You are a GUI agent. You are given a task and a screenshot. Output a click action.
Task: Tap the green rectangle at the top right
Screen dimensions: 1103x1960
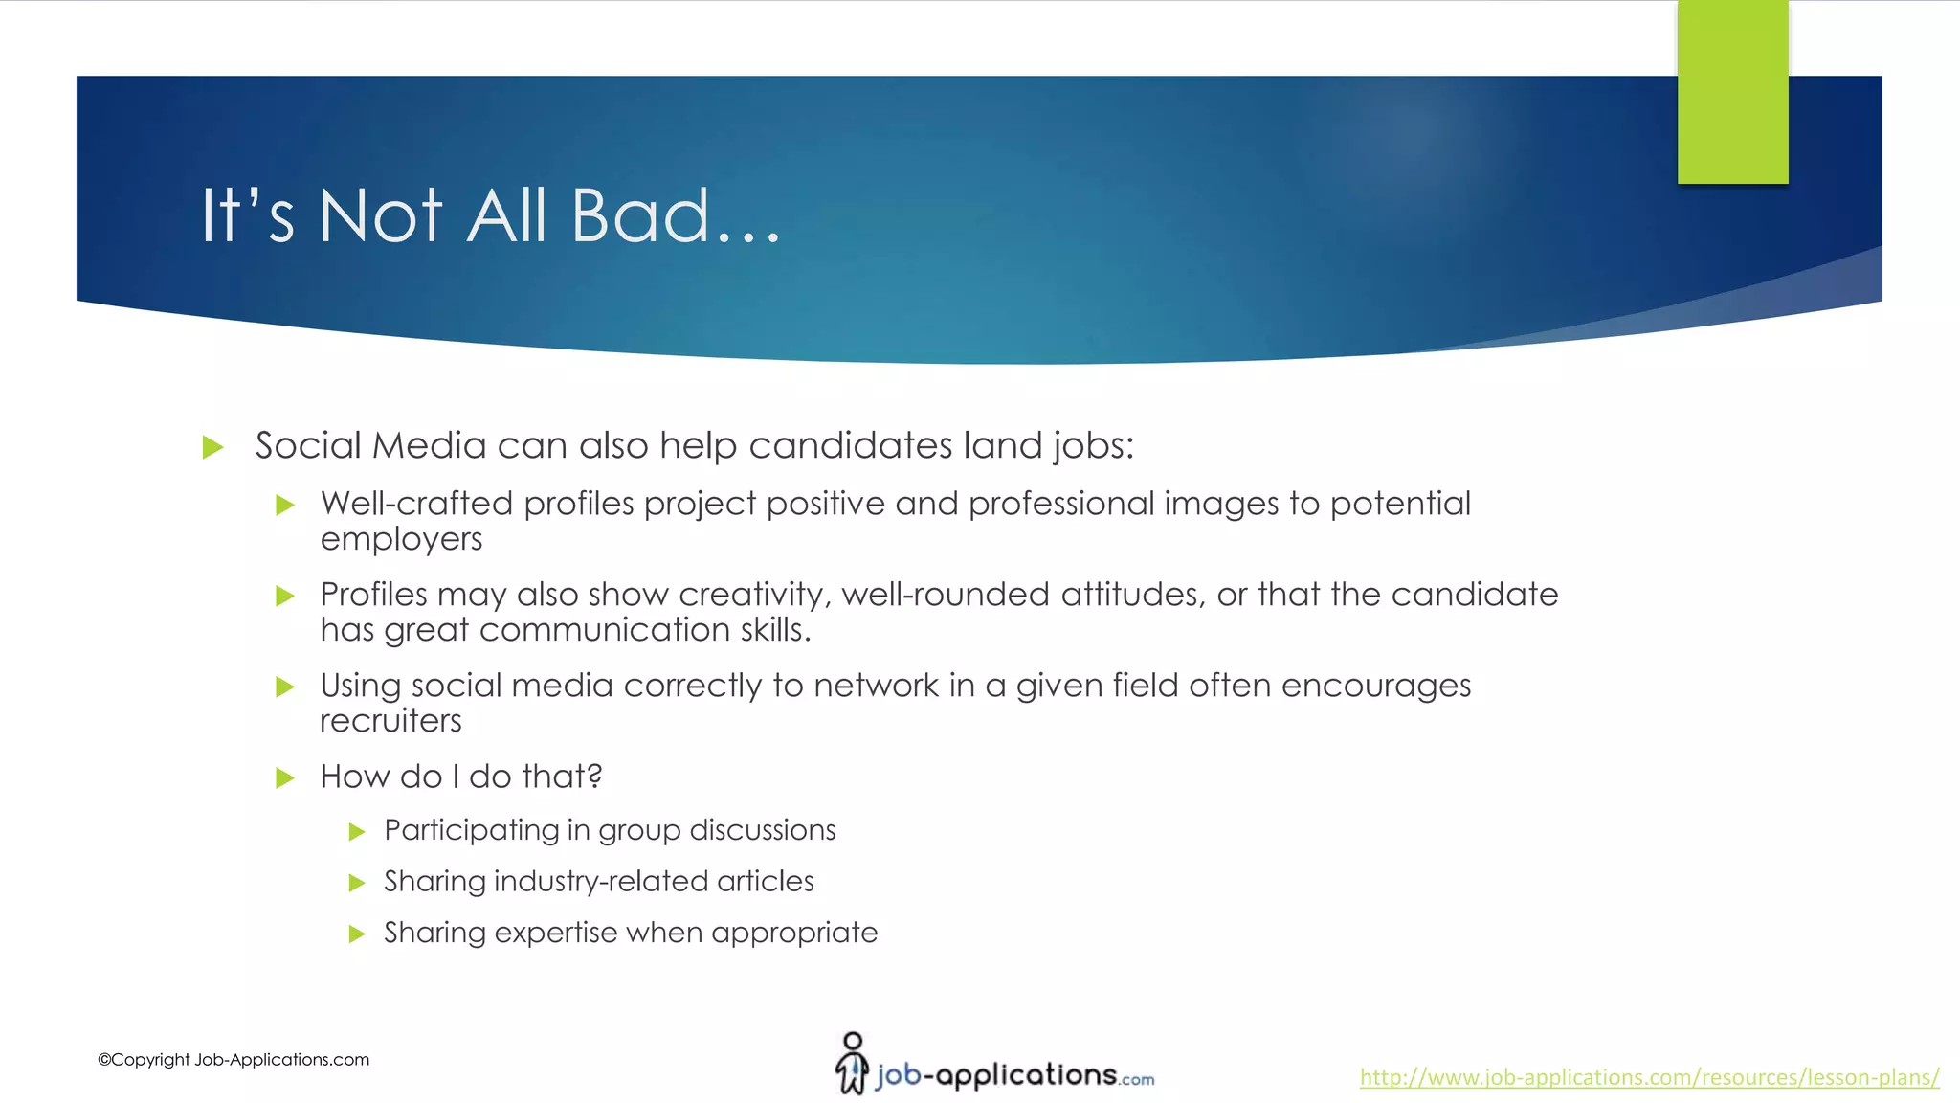(1732, 92)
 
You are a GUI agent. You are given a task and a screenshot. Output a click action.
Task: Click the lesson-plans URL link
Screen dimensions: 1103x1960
(1649, 1077)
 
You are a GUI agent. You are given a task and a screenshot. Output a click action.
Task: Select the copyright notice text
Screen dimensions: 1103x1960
(234, 1060)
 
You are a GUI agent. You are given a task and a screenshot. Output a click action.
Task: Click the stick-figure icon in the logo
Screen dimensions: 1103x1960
(851, 1063)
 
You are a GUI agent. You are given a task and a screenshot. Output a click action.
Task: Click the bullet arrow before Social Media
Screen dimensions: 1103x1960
(213, 447)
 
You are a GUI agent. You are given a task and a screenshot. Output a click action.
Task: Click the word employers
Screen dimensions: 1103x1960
(401, 540)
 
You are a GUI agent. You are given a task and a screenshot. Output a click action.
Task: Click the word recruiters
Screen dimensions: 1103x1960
(390, 721)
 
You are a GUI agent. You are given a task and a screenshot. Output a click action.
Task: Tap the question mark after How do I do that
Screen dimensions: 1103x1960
(594, 776)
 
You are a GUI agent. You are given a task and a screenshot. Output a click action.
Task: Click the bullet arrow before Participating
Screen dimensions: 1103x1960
(357, 831)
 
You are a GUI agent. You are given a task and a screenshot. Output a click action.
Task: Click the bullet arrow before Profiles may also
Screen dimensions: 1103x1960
(284, 597)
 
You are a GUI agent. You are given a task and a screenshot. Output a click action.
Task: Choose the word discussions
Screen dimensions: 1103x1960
(762, 830)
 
